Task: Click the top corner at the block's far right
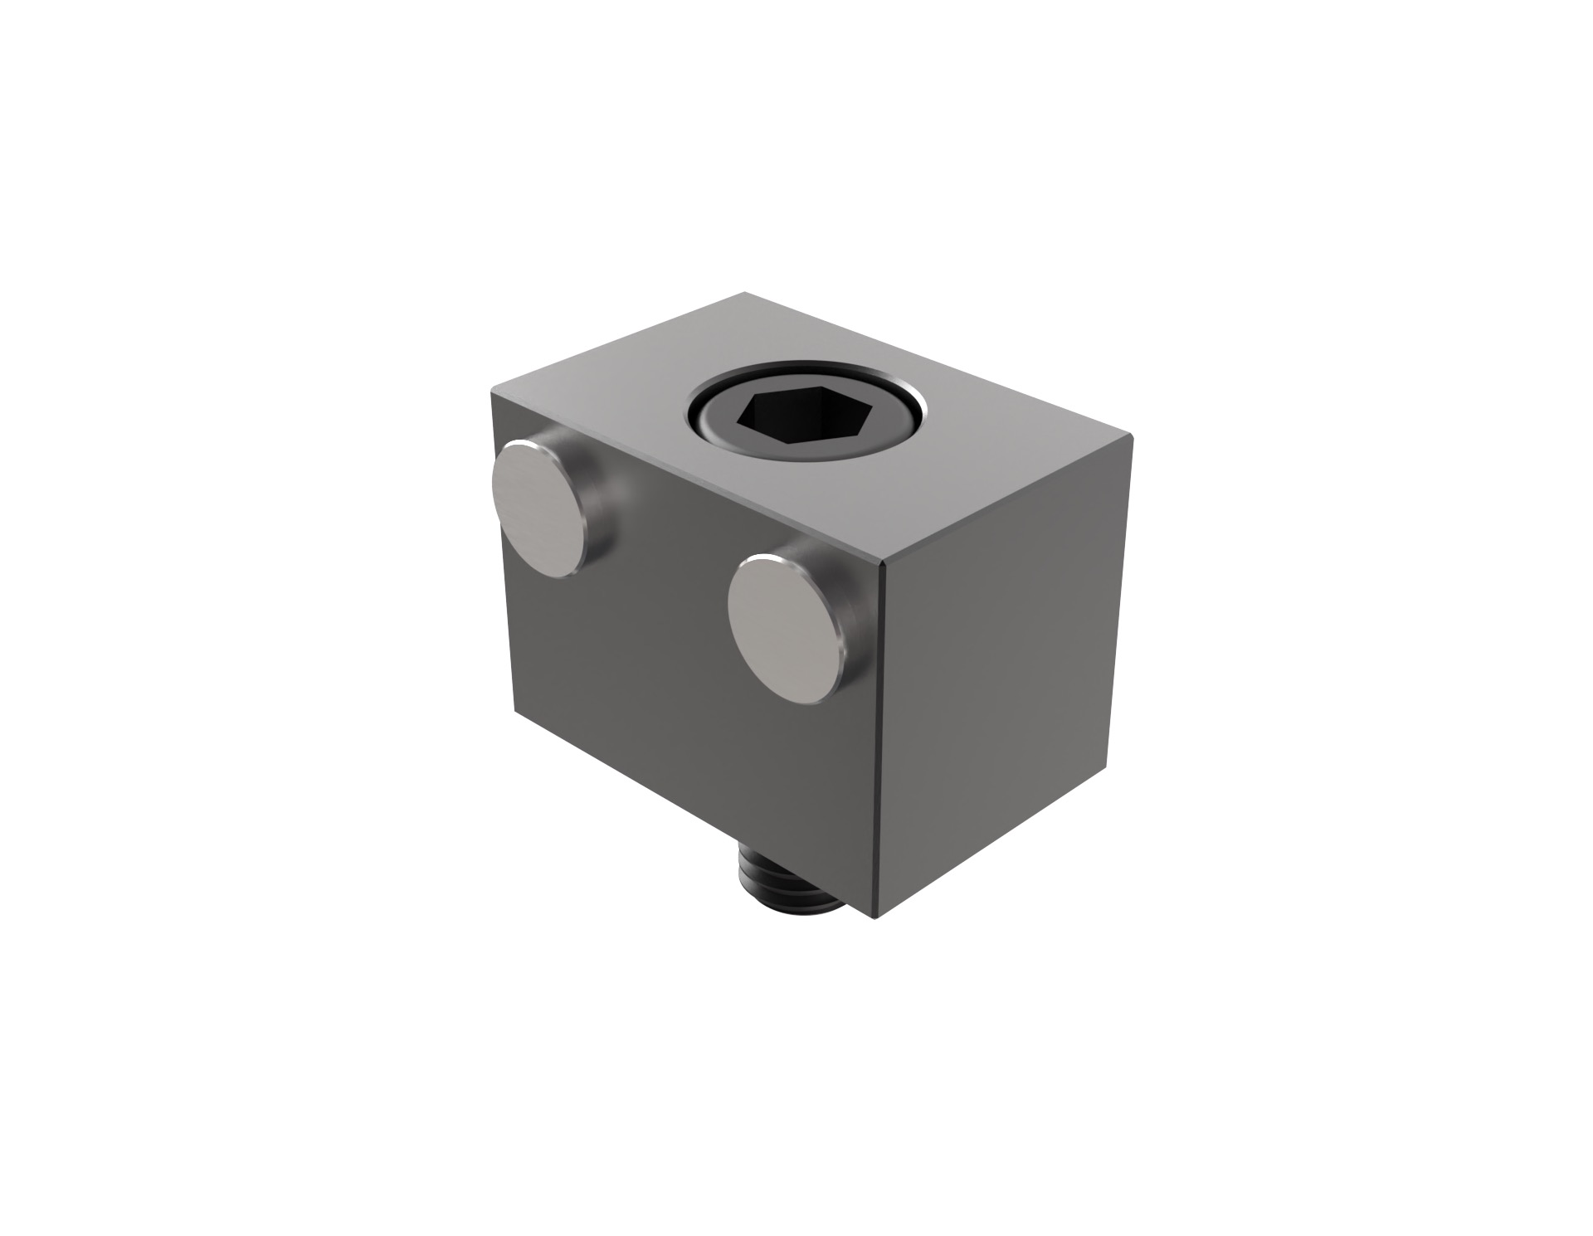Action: [x=1133, y=436]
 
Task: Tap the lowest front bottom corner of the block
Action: [x=876, y=919]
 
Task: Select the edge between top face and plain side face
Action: [x=1008, y=501]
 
